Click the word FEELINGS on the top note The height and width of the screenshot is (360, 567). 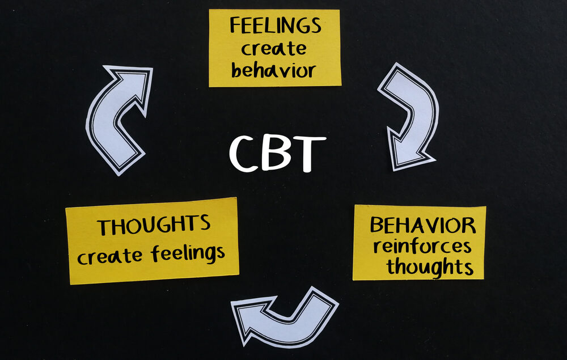pos(275,26)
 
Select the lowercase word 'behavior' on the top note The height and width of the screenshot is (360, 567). pos(273,70)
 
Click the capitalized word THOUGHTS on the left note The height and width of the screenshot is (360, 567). pos(154,225)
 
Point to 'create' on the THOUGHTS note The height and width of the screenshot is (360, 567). pos(111,256)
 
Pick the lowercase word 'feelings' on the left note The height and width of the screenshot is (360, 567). pos(188,253)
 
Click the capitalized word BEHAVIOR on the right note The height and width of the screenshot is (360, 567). pos(423,225)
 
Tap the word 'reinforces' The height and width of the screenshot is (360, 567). pos(422,246)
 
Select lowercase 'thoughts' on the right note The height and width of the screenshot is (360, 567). pos(430,265)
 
